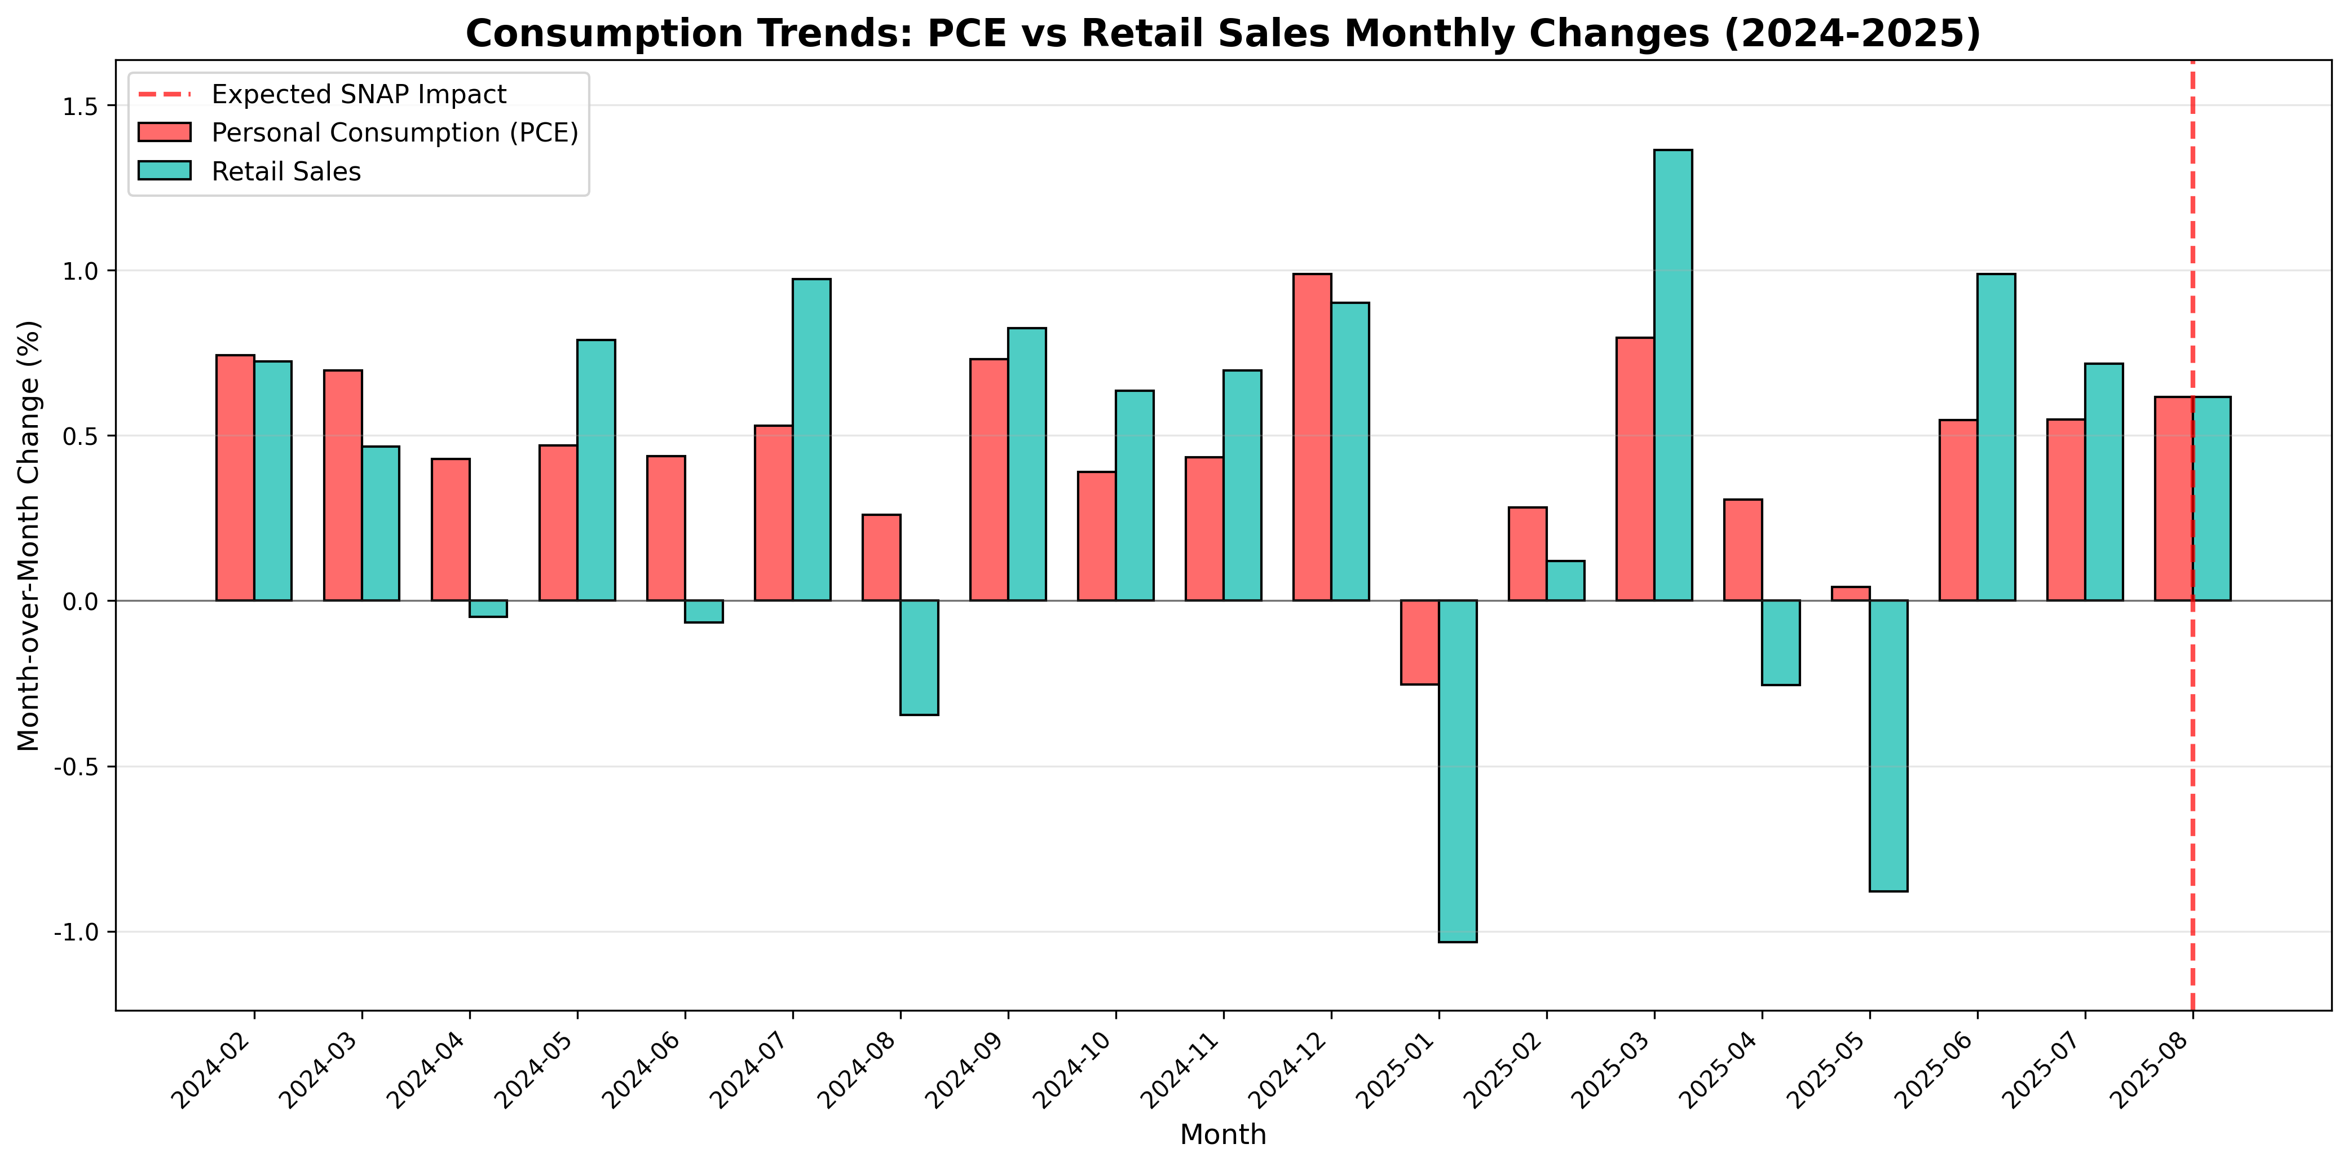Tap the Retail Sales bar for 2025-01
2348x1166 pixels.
(1458, 770)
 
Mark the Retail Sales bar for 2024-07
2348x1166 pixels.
(811, 439)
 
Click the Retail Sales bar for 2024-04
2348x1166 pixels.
(488, 608)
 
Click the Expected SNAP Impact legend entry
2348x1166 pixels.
(358, 94)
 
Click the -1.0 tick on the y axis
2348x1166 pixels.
(80, 931)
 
